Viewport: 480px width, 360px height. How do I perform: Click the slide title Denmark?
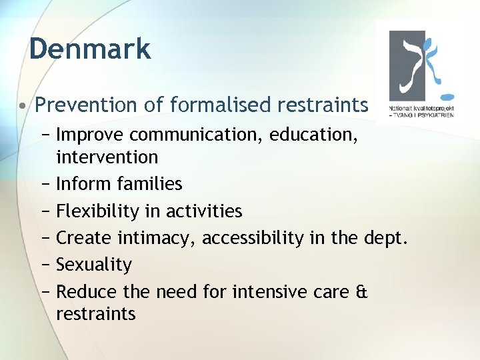pos(90,49)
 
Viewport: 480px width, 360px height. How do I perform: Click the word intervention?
pos(107,158)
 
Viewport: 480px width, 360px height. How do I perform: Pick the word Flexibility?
pos(98,211)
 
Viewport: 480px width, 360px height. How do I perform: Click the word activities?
pos(203,211)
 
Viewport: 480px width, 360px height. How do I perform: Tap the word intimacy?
pos(157,238)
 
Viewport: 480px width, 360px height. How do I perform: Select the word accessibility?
pos(253,239)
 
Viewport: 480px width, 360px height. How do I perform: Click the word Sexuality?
pos(93,265)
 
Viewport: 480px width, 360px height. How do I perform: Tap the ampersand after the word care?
pos(362,291)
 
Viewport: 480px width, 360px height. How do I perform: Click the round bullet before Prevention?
pos(23,105)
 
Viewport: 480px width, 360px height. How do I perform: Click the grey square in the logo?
pos(409,63)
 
